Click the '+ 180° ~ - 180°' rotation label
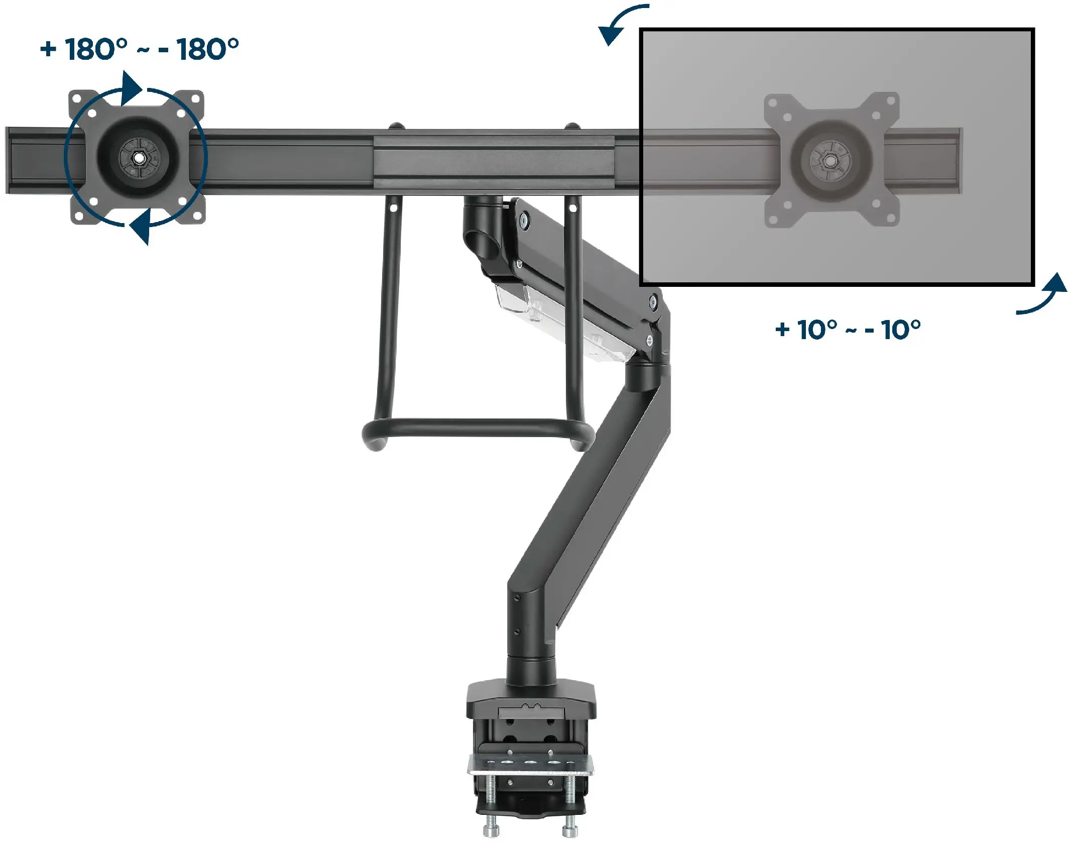coord(140,49)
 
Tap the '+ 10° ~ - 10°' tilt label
coord(848,330)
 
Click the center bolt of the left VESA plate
coord(137,157)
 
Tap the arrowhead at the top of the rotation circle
coord(132,89)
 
